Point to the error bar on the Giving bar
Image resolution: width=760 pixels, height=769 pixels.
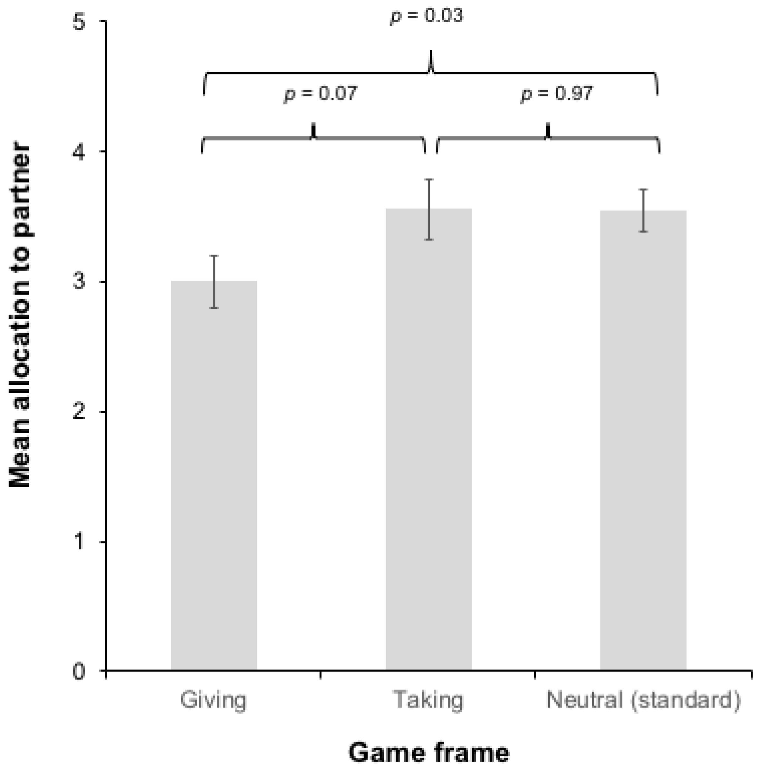click(x=214, y=281)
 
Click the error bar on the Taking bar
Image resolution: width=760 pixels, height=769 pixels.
click(x=429, y=209)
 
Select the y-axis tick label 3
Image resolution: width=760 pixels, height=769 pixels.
click(x=79, y=282)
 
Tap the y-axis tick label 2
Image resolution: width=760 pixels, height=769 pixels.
click(x=79, y=412)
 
